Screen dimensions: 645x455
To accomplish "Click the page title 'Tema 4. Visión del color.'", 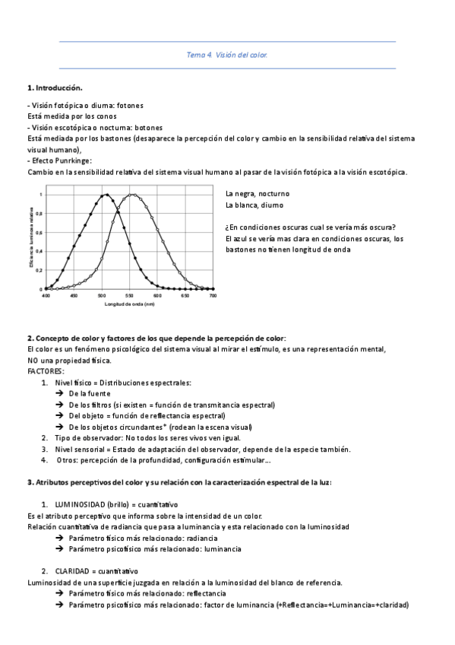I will (x=227, y=55).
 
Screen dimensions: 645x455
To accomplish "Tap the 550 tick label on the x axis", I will (x=129, y=296).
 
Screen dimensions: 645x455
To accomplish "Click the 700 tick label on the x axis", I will (x=213, y=296).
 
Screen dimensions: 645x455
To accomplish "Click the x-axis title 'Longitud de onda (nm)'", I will (x=129, y=304).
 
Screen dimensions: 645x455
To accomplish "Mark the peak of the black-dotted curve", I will (x=107, y=195).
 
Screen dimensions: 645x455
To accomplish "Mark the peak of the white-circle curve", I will (x=133, y=195).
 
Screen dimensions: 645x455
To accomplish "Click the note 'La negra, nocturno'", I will (x=257, y=194).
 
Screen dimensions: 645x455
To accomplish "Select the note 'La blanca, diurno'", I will (x=254, y=205).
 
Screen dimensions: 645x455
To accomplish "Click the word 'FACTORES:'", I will (x=46, y=371).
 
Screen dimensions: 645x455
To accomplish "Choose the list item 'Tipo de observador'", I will (x=86, y=438).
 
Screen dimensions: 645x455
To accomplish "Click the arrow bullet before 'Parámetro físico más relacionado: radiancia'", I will (x=59, y=538).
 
